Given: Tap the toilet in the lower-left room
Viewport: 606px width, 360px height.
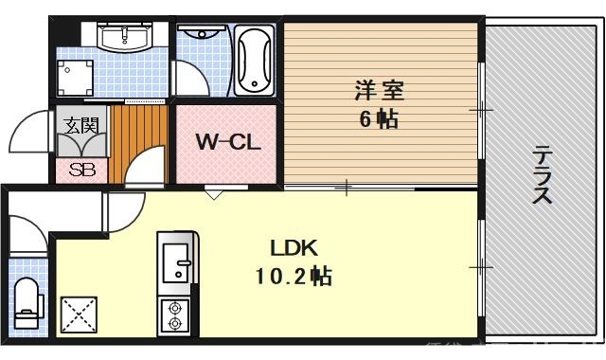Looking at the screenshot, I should (x=27, y=301).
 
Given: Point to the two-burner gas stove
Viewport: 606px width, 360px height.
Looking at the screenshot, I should (x=175, y=315).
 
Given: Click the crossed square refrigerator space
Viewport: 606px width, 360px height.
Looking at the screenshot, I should (x=79, y=315).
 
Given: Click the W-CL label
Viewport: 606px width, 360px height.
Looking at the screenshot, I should (x=227, y=142).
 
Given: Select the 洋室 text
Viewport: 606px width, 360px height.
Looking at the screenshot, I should (x=379, y=91).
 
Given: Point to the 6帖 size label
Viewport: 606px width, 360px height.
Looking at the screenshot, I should (x=379, y=119).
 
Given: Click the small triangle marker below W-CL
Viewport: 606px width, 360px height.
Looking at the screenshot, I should (x=215, y=194).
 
